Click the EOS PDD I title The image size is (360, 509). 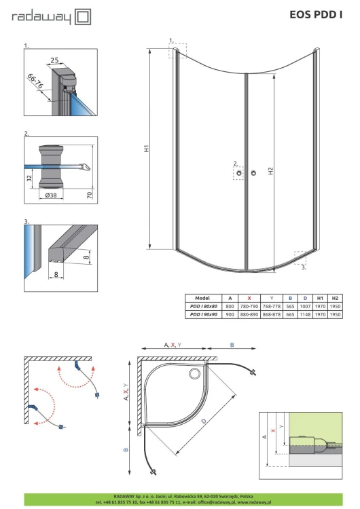[x=316, y=15]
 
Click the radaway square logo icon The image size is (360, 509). [x=83, y=17]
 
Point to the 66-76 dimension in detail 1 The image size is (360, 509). [x=35, y=81]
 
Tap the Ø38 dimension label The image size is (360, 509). [x=51, y=195]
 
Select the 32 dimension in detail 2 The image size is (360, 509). [x=30, y=178]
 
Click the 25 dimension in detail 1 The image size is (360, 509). [x=54, y=60]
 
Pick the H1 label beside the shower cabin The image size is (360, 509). [x=147, y=149]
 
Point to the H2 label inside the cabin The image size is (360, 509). [x=270, y=171]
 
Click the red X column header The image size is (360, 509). [x=249, y=298]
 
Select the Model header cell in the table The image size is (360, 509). [x=202, y=298]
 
